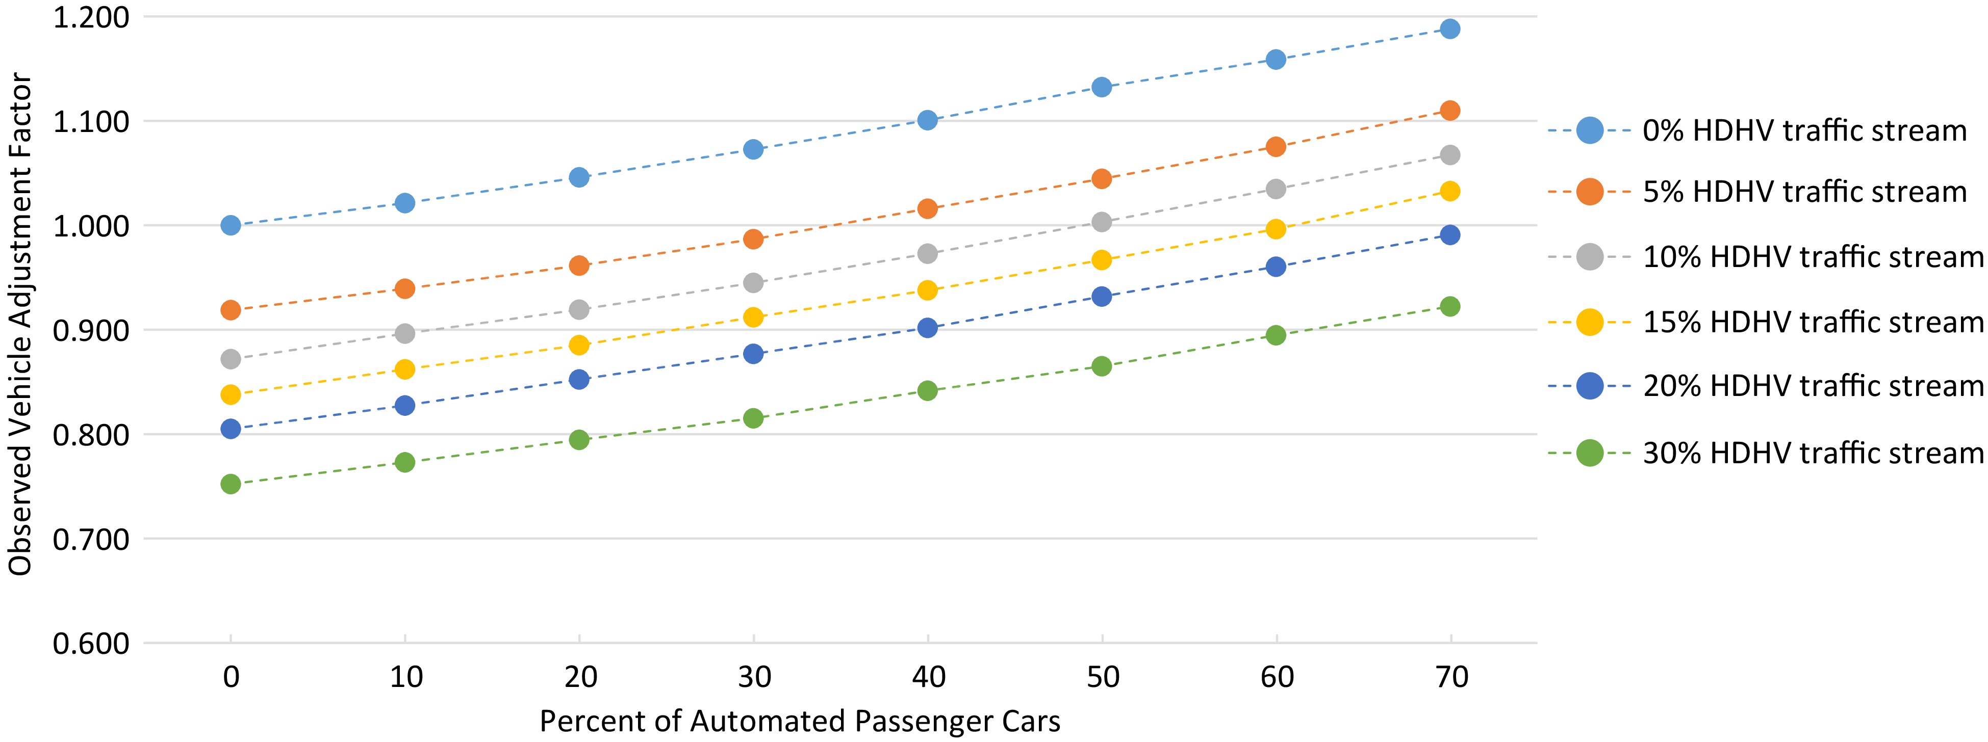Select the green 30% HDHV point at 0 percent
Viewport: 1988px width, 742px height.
pos(231,484)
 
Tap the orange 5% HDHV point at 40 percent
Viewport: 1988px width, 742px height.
pos(928,209)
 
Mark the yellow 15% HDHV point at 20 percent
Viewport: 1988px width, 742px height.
pos(579,345)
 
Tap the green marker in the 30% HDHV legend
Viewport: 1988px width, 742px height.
pos(1590,453)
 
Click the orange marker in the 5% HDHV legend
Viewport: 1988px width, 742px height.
pos(1590,191)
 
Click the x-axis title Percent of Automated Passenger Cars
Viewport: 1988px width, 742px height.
pos(800,721)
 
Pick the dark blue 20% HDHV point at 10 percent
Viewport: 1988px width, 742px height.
pos(405,406)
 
